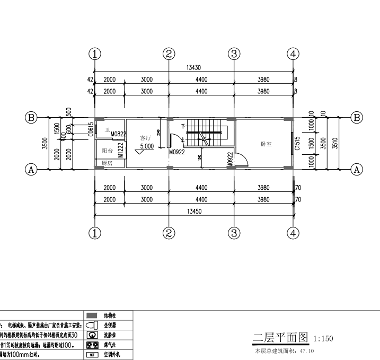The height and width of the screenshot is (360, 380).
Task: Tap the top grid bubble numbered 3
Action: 234,54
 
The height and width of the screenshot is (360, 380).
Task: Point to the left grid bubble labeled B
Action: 32,117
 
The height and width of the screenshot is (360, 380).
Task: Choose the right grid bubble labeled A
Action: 357,170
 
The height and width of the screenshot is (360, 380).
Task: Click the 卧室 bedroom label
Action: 267,144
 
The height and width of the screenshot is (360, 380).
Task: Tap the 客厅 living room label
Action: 146,137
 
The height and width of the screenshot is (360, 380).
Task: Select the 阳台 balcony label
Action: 108,151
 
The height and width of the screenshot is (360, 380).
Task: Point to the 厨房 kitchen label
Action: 107,163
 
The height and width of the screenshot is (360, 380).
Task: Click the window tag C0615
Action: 91,130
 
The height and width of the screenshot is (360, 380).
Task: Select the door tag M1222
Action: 121,150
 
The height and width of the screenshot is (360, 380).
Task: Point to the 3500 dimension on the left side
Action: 45,143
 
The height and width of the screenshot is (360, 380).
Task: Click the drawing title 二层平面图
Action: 281,338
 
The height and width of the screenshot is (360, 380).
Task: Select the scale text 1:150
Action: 323,339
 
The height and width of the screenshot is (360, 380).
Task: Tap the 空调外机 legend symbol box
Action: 92,355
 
